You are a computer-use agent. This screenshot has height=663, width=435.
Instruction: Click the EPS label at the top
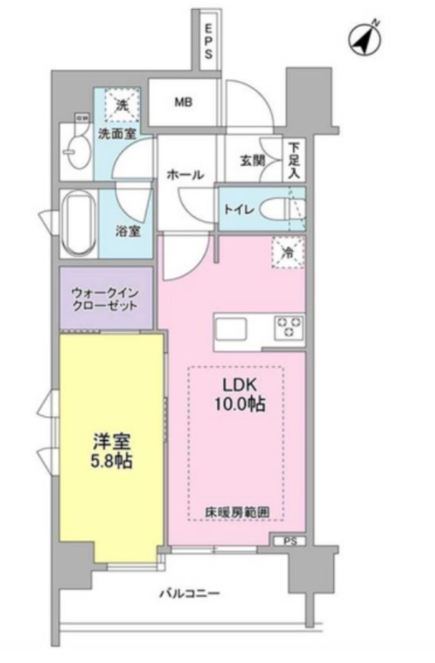tap(210, 41)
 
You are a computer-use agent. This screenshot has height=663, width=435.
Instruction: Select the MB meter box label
tap(183, 104)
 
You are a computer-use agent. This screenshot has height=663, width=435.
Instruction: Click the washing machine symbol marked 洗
tap(123, 105)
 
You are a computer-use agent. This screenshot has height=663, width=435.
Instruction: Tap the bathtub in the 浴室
tap(79, 224)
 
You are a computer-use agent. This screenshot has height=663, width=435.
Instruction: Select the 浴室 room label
tap(128, 231)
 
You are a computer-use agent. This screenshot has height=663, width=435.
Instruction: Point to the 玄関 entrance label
tap(252, 160)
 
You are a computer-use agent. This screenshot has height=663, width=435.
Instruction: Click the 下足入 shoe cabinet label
tap(294, 160)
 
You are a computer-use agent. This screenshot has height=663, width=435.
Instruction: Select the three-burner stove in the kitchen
tap(288, 327)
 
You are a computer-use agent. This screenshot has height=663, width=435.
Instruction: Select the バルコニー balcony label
tap(190, 593)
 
